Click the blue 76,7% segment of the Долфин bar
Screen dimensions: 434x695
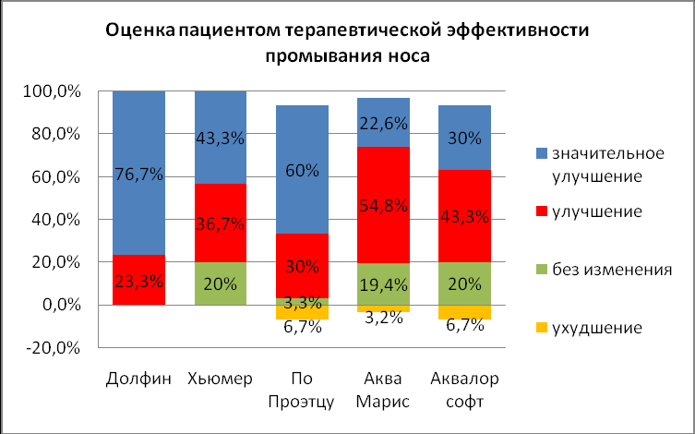(x=138, y=173)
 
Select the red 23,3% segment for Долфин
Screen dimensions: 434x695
(x=138, y=280)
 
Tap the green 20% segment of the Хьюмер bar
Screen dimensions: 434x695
(x=219, y=283)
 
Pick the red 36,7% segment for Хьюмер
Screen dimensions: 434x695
(x=219, y=223)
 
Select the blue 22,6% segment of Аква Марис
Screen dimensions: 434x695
(x=383, y=122)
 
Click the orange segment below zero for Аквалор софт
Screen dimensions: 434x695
(x=463, y=312)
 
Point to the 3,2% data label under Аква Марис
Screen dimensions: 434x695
(x=383, y=320)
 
